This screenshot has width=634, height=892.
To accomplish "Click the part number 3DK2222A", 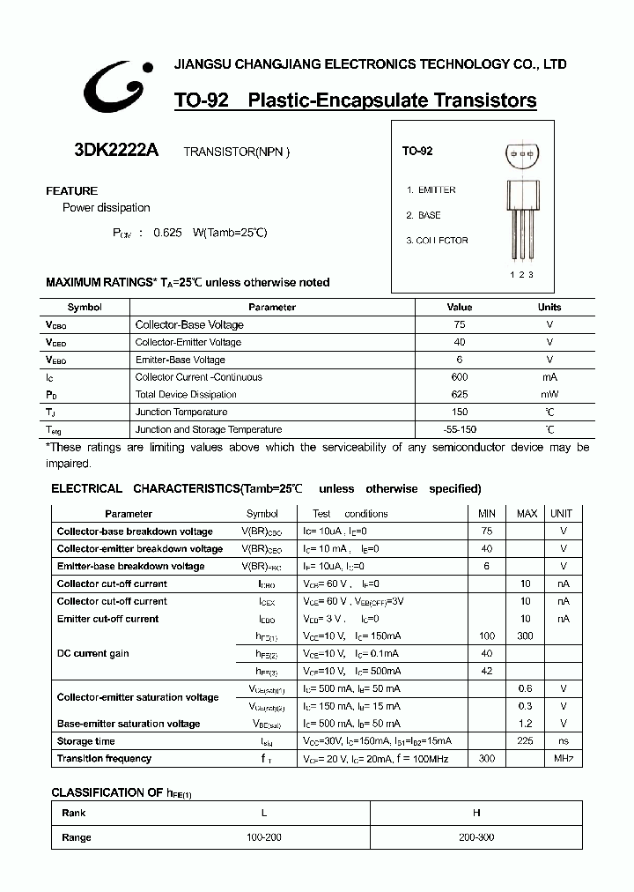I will [116, 150].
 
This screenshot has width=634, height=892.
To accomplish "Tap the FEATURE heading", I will [71, 190].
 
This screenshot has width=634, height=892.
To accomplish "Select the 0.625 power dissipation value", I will [167, 233].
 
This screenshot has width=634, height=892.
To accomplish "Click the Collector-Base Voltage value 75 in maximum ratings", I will [460, 324].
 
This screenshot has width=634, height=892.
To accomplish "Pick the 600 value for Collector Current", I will [460, 377].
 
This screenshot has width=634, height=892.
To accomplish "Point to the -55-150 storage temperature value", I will [460, 429].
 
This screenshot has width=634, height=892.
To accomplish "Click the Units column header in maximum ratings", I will [549, 308].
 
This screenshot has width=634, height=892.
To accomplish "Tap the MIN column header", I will [487, 514].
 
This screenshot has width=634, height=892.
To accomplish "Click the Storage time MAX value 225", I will [526, 741].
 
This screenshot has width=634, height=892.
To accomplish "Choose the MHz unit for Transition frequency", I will [564, 758].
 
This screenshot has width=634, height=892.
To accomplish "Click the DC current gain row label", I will [92, 653].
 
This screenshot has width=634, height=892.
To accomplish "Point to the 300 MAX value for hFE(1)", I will [527, 636].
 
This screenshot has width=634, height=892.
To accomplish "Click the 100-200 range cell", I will [263, 836].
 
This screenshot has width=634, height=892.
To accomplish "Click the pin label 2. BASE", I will [424, 215].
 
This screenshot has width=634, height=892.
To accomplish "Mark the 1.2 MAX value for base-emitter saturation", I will [526, 724].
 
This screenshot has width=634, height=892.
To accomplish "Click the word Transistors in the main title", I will [485, 100].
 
